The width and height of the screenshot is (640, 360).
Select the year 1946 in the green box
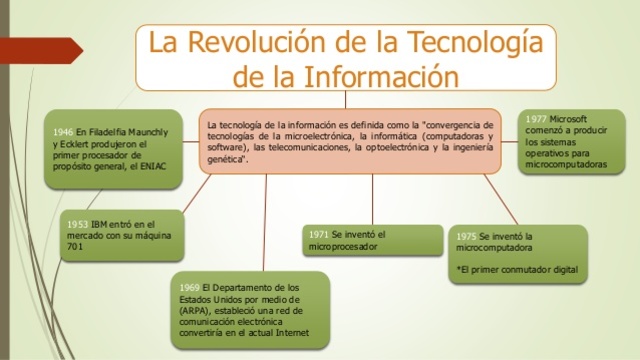[x=63, y=132]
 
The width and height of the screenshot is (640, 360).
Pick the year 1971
[x=321, y=234]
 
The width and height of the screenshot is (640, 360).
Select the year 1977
[x=536, y=119]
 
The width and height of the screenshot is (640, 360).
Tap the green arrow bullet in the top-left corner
[x=14, y=14]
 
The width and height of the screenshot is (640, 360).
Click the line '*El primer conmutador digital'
[x=516, y=270]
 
